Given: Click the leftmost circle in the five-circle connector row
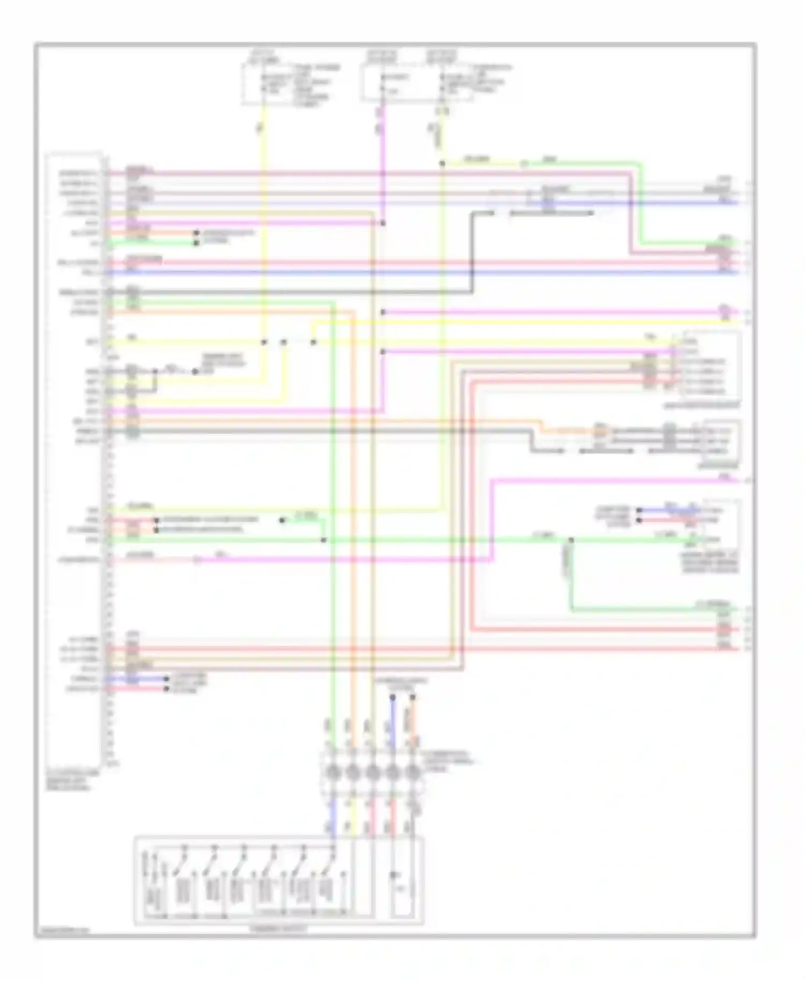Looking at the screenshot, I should [333, 773].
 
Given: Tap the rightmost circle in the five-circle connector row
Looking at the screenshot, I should [412, 773].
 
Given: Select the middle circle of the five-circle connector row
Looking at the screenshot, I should [372, 773].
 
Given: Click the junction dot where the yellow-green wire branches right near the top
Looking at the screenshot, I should [442, 163].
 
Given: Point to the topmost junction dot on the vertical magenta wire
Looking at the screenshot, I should [383, 223].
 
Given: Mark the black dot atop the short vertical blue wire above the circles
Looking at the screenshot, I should [392, 698].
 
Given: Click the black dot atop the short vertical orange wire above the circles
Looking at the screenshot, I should [412, 698].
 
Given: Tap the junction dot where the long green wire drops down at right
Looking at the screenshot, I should [571, 540].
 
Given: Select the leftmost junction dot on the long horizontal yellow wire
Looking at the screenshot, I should [264, 342].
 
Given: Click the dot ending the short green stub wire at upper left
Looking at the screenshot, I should [196, 243].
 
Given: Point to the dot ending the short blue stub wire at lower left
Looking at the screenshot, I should [167, 679].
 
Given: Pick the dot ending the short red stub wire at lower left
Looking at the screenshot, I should [167, 689].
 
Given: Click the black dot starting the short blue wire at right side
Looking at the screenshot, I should [639, 510].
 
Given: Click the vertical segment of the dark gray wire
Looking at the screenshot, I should [472, 252].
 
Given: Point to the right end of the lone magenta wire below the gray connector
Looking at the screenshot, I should [738, 480].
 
